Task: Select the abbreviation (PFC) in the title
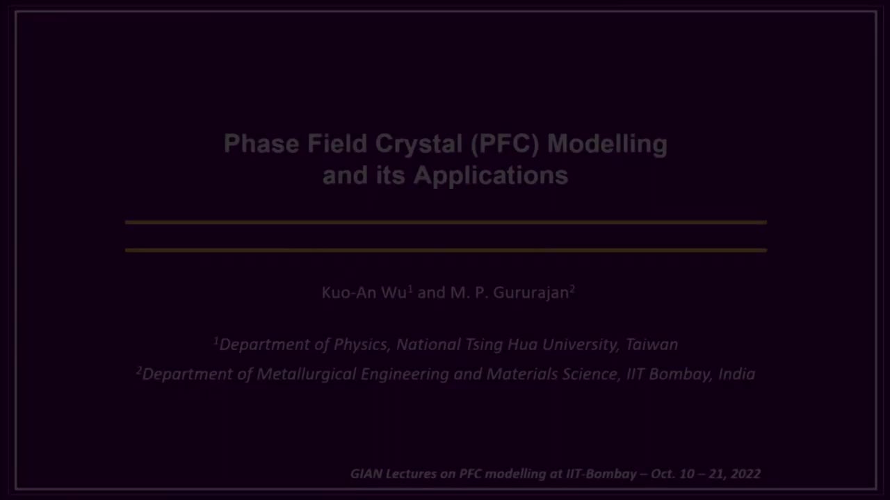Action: coord(505,144)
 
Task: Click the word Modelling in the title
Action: coord(607,144)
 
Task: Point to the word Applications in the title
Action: coord(491,175)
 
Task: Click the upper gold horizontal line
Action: coord(445,222)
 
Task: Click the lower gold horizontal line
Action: coord(445,250)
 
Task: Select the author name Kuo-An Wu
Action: coord(364,292)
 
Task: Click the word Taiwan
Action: coord(652,344)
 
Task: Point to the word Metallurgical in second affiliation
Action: coord(306,374)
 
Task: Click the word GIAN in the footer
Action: coord(366,474)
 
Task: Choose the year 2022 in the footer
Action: coord(745,474)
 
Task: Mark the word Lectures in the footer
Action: coord(411,474)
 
